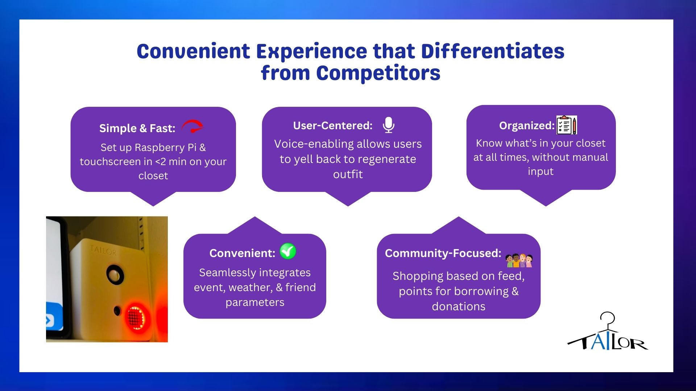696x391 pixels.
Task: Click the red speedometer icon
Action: pos(192,126)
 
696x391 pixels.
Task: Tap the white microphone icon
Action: pos(389,125)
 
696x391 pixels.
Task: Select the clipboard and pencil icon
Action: pos(567,125)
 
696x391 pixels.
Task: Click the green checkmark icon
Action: pos(288,251)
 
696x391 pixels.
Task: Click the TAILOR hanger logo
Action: pos(608,332)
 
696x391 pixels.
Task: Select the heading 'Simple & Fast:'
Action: pos(137,128)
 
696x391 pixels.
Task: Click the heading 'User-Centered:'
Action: pos(333,126)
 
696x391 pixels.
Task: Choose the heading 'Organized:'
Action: pos(527,126)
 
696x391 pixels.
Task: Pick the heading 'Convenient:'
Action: pos(242,253)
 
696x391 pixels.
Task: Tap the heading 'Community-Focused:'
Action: pos(443,253)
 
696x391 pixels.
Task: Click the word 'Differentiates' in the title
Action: pos(493,51)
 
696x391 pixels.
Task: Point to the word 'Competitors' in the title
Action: pos(378,73)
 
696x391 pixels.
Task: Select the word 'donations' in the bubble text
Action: pos(459,307)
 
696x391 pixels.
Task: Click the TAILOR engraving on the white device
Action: pos(103,250)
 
